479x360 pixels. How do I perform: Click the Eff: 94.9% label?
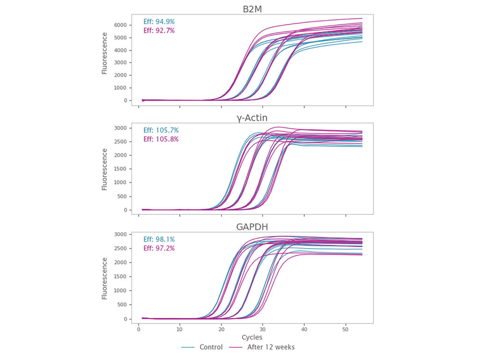pos(159,22)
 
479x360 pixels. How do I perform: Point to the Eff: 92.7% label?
pos(159,31)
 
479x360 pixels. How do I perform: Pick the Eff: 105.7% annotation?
pos(161,130)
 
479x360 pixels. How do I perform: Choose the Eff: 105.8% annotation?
pos(161,140)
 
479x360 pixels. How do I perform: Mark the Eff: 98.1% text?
pos(159,239)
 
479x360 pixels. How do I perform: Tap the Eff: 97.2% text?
pos(159,248)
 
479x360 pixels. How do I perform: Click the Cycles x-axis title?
pos(252,337)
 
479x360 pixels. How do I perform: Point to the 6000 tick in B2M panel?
pos(120,25)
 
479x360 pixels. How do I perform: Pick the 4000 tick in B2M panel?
pos(120,50)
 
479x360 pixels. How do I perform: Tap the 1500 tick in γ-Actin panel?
pos(120,169)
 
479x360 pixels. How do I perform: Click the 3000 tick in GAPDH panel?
pos(120,235)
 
